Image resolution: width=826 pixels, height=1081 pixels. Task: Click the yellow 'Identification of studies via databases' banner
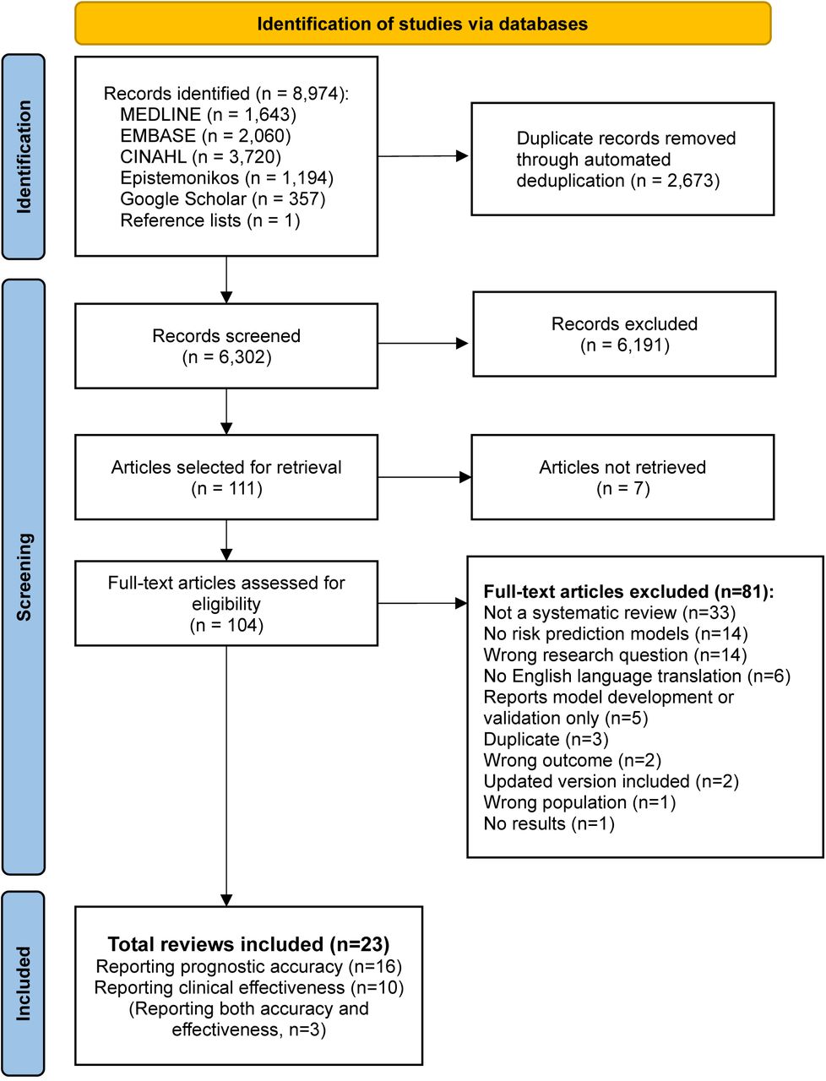(422, 23)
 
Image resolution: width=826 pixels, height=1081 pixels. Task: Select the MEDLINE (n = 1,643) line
(208, 115)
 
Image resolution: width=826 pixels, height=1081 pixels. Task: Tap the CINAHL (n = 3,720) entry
(200, 157)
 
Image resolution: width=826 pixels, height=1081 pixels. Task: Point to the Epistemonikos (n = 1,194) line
(226, 178)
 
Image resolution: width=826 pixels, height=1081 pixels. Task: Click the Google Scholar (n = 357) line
(223, 199)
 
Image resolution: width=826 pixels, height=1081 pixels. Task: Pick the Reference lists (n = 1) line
(209, 220)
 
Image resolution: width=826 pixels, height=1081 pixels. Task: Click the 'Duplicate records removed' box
(622, 159)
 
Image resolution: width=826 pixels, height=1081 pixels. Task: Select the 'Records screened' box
(226, 345)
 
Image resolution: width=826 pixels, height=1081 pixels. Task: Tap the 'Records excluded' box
(624, 334)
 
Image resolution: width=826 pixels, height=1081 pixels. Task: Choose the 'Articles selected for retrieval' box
(226, 476)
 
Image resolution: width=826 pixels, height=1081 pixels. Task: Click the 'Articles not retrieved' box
(622, 476)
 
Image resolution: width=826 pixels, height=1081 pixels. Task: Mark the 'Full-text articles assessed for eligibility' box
(226, 603)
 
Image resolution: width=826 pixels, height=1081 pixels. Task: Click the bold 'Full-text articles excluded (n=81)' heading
(628, 591)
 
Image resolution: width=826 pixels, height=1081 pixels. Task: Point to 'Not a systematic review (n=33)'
(609, 612)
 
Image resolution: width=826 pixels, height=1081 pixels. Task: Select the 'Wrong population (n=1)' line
(579, 802)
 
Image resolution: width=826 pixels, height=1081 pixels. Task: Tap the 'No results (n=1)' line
(549, 823)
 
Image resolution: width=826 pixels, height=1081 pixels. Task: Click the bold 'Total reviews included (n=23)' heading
(249, 944)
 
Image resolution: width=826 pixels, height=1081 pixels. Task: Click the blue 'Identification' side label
(23, 156)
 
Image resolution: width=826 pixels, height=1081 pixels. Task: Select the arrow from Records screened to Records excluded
(422, 343)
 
